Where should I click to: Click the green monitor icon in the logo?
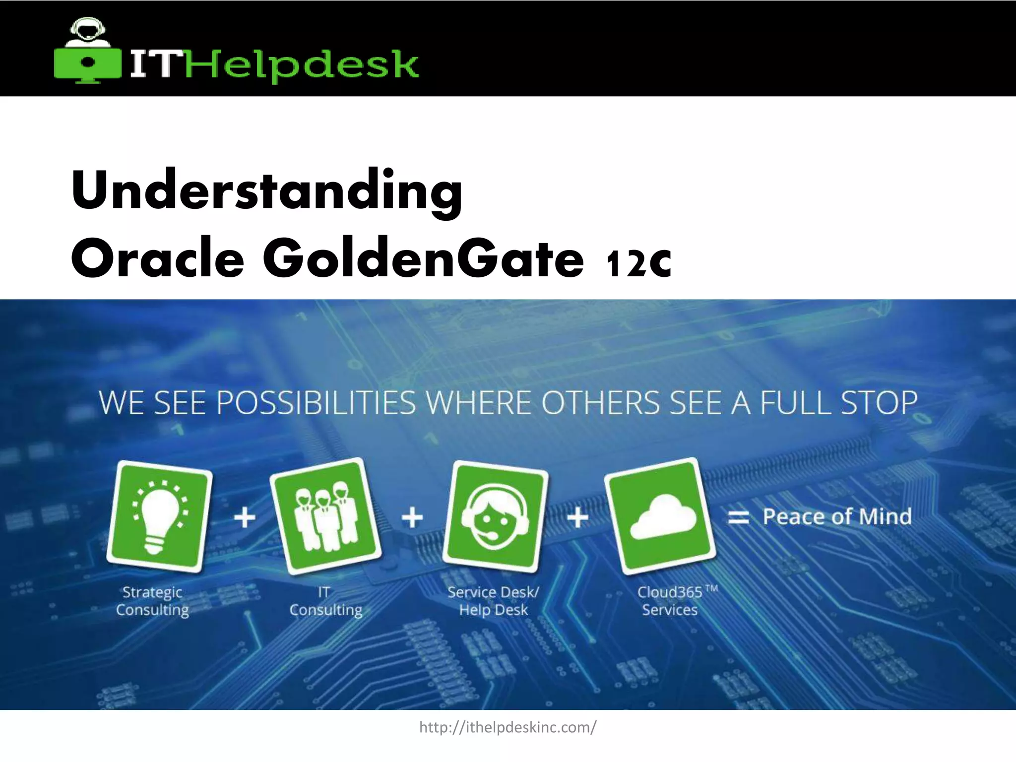(x=88, y=63)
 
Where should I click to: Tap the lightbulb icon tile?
(x=160, y=516)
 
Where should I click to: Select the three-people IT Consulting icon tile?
(x=325, y=516)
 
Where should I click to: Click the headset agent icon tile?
(x=495, y=516)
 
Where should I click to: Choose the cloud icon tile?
(x=660, y=516)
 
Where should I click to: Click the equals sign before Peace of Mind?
(x=738, y=518)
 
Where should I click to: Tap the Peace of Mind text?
(x=837, y=517)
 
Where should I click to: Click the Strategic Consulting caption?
(x=152, y=601)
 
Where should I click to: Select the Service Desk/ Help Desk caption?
(x=493, y=601)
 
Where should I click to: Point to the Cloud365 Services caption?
(x=671, y=601)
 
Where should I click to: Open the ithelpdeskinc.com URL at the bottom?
(x=508, y=728)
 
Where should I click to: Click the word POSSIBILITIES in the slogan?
(x=316, y=403)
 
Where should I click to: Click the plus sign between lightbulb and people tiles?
(x=245, y=518)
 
